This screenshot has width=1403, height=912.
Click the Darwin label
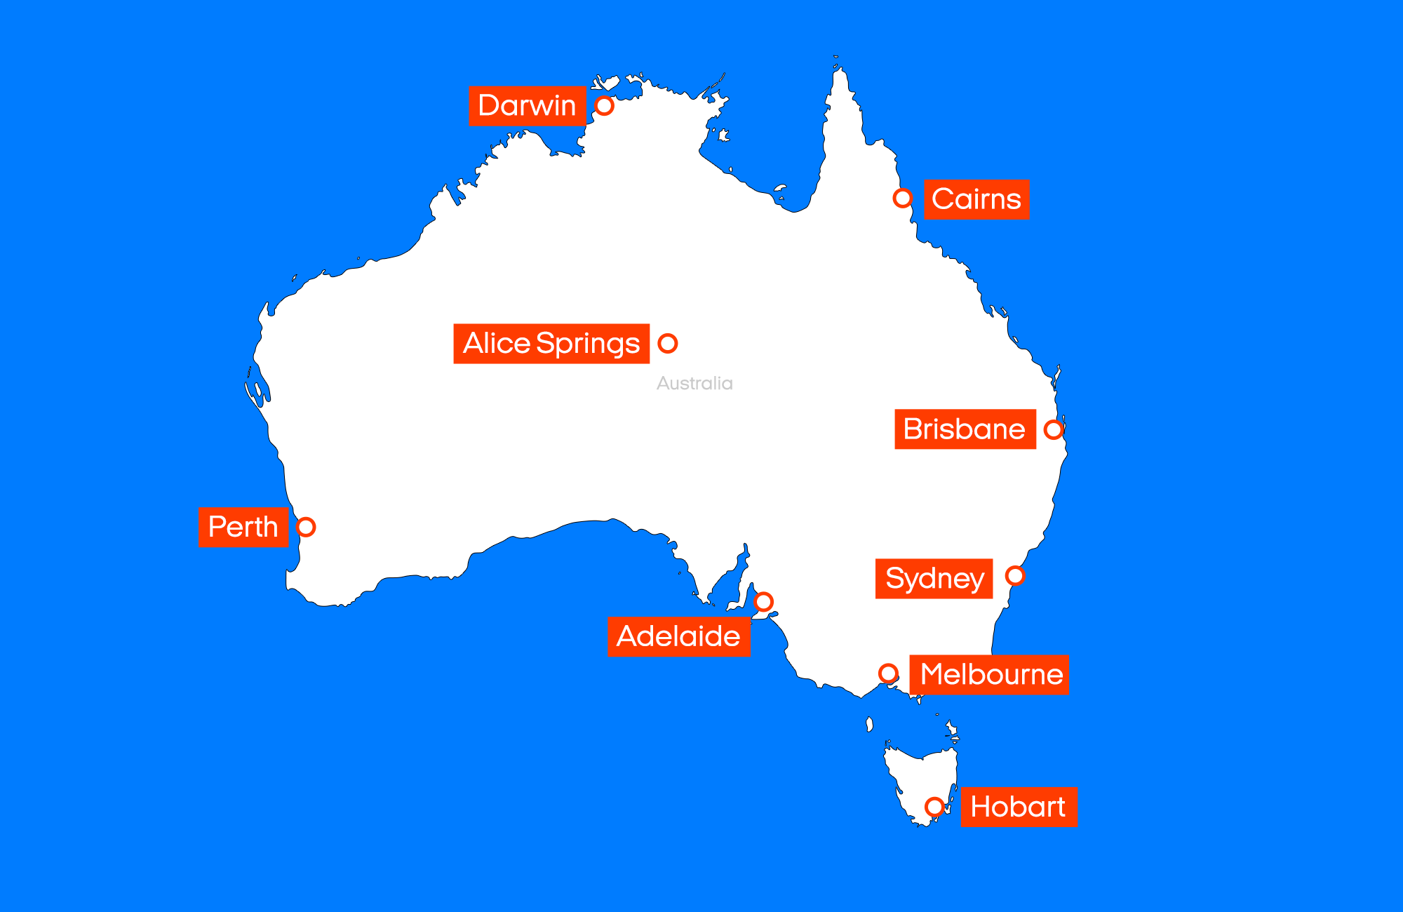pyautogui.click(x=527, y=106)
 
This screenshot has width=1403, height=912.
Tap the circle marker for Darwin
pyautogui.click(x=604, y=105)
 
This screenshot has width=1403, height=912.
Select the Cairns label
pyautogui.click(x=976, y=199)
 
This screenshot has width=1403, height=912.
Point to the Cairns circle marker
pyautogui.click(x=902, y=198)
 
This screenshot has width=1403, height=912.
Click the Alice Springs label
pyautogui.click(x=551, y=344)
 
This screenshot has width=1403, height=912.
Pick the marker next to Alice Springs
pyautogui.click(x=668, y=343)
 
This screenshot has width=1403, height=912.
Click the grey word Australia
pyautogui.click(x=694, y=383)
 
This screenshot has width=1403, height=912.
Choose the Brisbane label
pyautogui.click(x=965, y=429)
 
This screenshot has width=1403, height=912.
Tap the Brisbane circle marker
pyautogui.click(x=1053, y=429)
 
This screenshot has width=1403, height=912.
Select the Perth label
pyautogui.click(x=243, y=527)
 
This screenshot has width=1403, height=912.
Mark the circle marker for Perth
pyautogui.click(x=306, y=527)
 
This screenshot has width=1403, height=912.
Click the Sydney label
pyautogui.click(x=934, y=579)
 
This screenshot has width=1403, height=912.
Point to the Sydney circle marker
pyautogui.click(x=1014, y=575)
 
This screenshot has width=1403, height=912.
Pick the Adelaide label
pyautogui.click(x=678, y=636)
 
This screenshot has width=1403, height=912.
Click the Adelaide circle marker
pyautogui.click(x=763, y=601)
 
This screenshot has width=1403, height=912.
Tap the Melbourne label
pyautogui.click(x=989, y=675)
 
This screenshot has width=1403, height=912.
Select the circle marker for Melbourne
pyautogui.click(x=888, y=673)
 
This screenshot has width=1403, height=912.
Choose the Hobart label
pyautogui.click(x=1019, y=807)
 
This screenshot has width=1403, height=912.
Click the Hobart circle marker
pyautogui.click(x=934, y=807)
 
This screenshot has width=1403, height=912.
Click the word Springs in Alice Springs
pyautogui.click(x=588, y=344)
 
